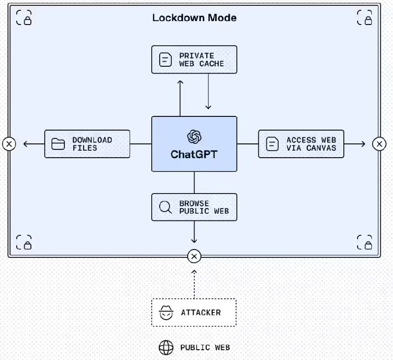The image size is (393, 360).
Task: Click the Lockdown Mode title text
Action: point(194,18)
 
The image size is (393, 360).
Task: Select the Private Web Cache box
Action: point(194,60)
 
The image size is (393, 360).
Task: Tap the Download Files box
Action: point(87,144)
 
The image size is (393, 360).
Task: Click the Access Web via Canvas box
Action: point(301,144)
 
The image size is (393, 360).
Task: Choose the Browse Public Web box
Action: point(194,207)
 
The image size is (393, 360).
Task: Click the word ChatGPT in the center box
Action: point(194,154)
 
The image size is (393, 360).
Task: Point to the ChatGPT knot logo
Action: point(194,136)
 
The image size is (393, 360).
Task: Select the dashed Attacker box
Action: point(194,312)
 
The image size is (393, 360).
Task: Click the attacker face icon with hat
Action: point(166,312)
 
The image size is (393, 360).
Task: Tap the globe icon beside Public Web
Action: point(166,348)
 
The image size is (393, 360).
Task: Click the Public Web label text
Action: point(205,348)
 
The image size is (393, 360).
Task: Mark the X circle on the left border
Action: point(9,144)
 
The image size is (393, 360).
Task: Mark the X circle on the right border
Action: point(379,144)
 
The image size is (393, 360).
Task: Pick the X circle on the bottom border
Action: point(194,256)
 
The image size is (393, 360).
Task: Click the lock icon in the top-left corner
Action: point(24,18)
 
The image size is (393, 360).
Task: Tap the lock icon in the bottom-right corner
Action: point(364,243)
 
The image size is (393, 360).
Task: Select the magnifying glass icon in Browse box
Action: point(166,207)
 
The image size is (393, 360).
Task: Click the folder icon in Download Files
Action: point(58,144)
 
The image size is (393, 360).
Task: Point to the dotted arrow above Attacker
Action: point(194,283)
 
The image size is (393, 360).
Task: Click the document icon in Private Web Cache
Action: point(166,60)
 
